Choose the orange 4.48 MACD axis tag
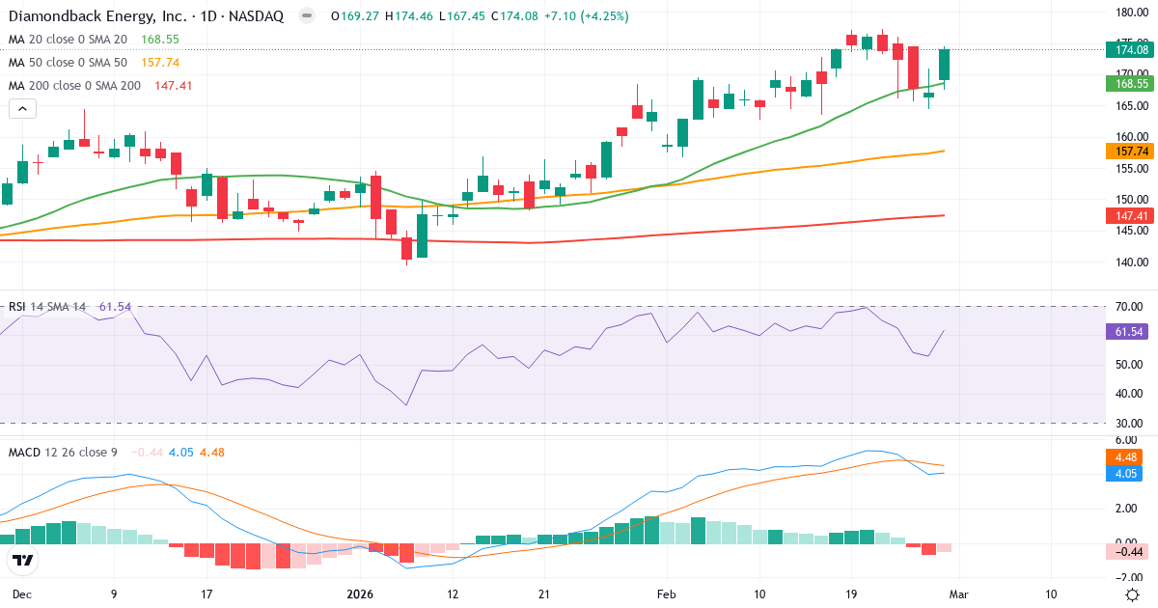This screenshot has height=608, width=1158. tap(1126, 457)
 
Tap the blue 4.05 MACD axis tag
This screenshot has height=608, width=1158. tap(1126, 474)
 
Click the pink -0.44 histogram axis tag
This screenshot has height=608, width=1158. tap(1126, 551)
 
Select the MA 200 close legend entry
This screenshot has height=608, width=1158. tap(74, 86)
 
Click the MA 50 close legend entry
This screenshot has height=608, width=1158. tap(68, 63)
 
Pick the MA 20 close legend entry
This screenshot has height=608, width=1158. tap(68, 40)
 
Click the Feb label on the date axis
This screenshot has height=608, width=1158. tap(668, 594)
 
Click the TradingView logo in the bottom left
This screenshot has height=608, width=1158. tap(23, 560)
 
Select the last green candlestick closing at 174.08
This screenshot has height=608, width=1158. tap(944, 65)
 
